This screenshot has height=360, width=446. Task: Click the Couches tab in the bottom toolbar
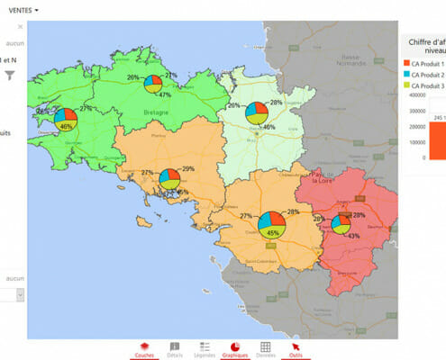(x=144, y=349)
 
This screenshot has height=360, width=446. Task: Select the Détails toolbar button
(x=175, y=349)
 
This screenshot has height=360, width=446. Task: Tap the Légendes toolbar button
(x=205, y=349)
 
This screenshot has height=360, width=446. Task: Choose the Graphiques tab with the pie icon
(x=235, y=349)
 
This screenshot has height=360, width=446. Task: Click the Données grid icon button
(x=266, y=349)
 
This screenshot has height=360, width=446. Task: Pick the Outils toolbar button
(x=296, y=349)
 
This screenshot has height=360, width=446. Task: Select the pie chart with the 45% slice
(x=271, y=222)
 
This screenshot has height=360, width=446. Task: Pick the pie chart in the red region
(x=340, y=223)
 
